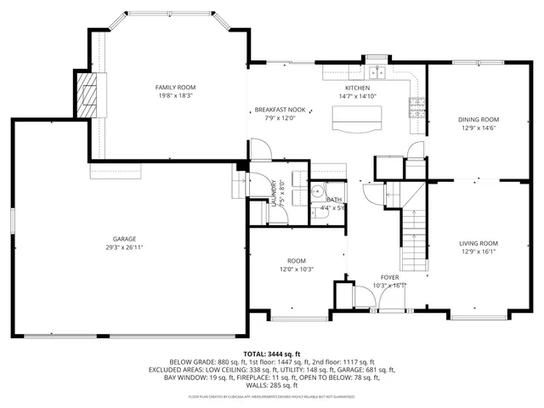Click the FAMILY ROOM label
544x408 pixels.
175,88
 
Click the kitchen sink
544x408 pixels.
377,72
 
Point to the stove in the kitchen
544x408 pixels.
416,108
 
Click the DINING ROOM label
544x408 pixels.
479,120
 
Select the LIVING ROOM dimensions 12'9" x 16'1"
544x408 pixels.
479,252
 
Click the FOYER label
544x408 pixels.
389,277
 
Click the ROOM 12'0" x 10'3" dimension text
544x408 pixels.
295,269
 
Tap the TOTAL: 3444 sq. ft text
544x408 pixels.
271,353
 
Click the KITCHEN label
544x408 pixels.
358,88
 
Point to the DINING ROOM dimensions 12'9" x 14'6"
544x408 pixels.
479,128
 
